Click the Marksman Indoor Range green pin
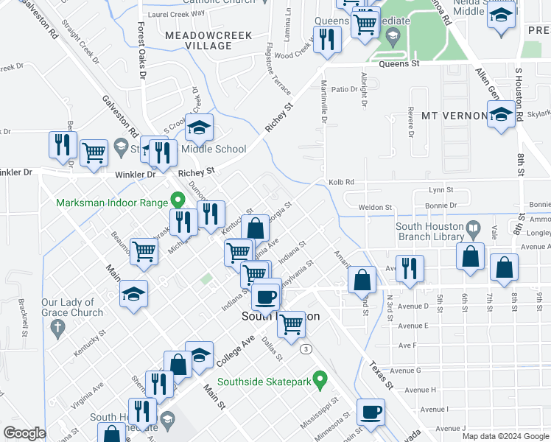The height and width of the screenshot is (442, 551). point(177,200)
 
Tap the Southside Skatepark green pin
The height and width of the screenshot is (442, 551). point(319,380)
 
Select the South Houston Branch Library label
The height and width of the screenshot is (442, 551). point(429,231)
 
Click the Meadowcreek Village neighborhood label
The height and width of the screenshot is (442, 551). point(208,41)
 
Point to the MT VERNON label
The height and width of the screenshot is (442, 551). point(454,116)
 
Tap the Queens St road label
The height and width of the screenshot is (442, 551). point(399,64)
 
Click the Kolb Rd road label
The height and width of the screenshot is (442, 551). point(341,181)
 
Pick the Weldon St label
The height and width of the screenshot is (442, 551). point(374,208)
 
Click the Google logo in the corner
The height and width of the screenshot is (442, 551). point(24,432)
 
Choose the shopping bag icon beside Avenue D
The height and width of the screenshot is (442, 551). point(361,279)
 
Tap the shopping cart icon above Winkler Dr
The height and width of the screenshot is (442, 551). point(94,152)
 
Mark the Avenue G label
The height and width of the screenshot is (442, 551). point(405,371)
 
